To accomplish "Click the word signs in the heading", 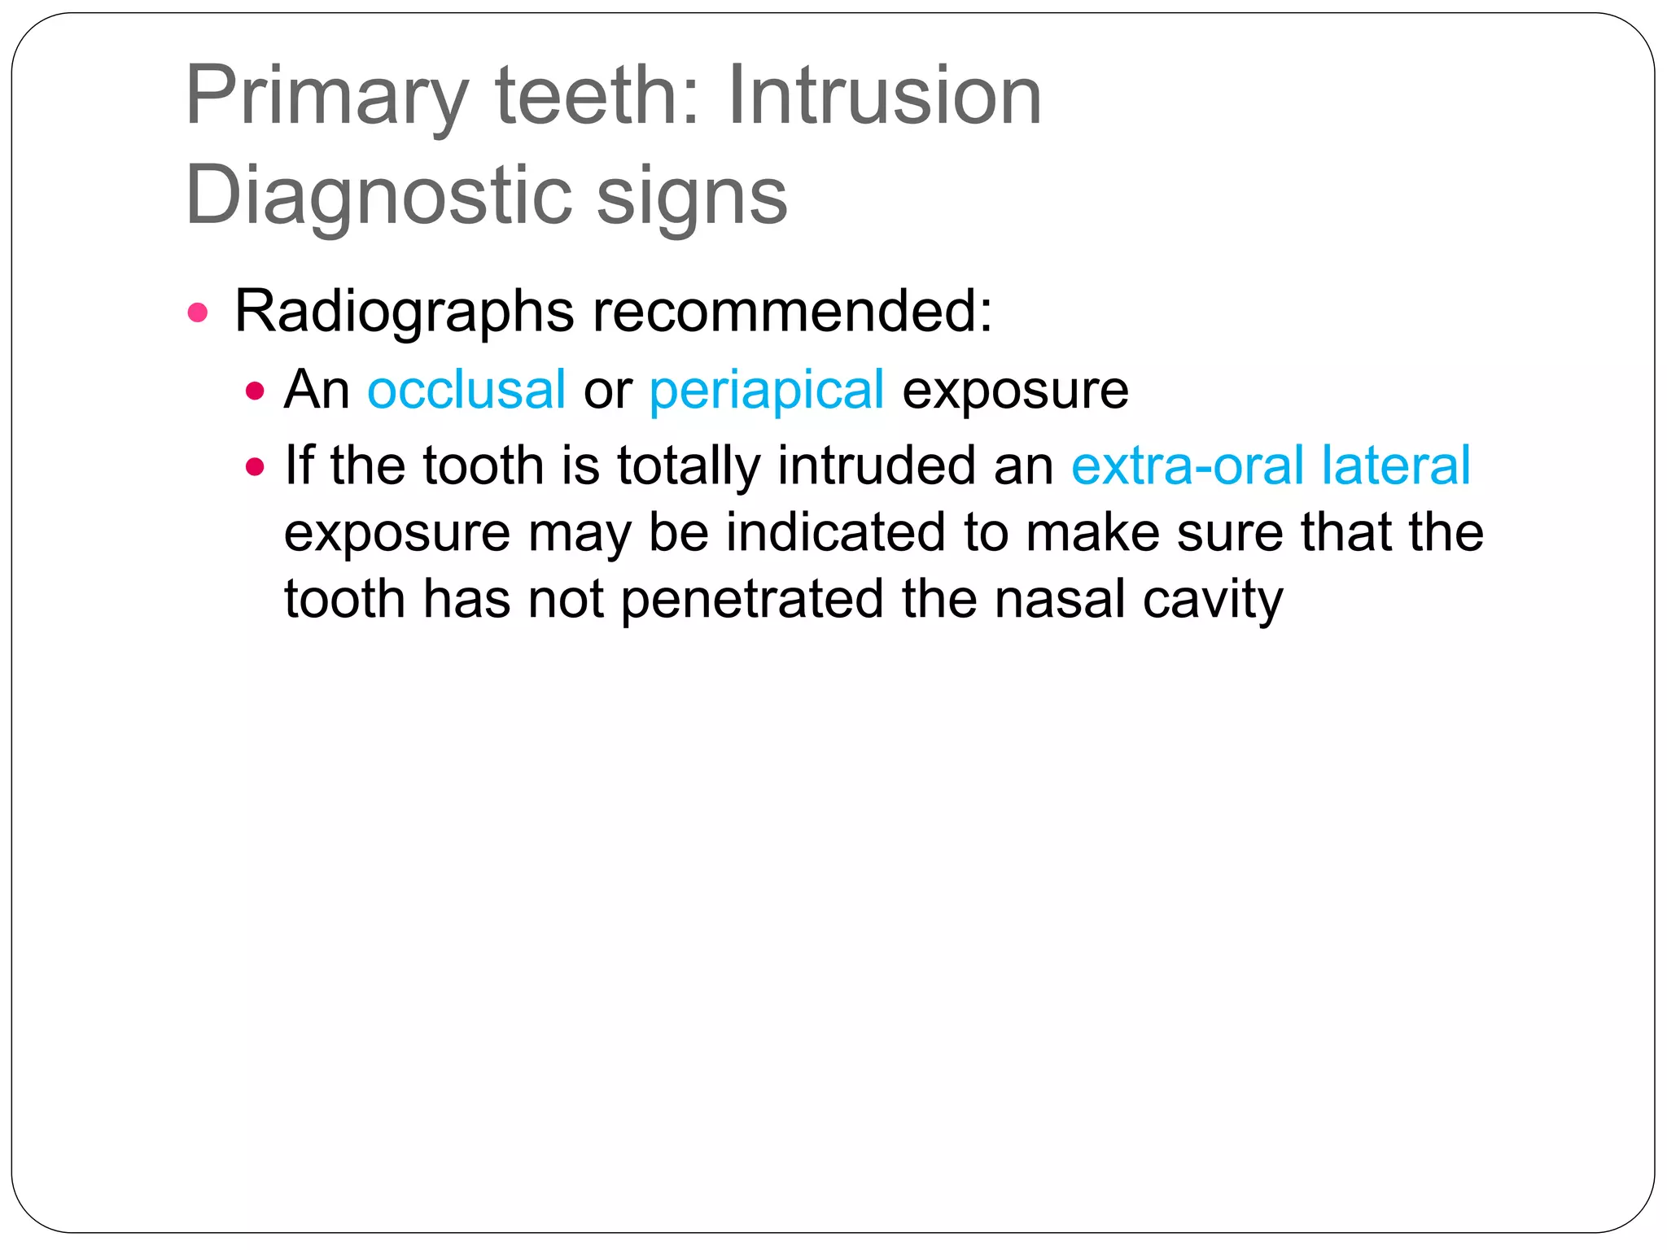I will [692, 198].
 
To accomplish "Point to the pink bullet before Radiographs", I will [198, 312].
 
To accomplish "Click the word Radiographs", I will [404, 312].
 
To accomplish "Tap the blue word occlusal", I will [466, 390].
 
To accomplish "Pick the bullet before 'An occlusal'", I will [255, 391].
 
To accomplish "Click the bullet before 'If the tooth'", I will [255, 467].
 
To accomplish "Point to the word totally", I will [688, 467].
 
